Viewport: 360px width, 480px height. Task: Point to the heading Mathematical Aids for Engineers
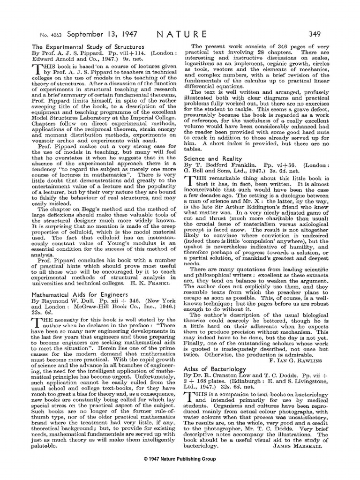[x=73, y=290]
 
